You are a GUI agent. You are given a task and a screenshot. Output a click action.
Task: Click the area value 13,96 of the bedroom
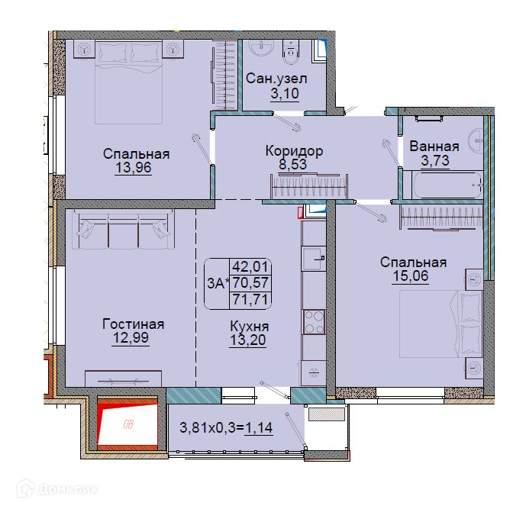pyautogui.click(x=133, y=167)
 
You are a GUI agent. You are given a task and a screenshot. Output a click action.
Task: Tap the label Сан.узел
pyautogui.click(x=276, y=79)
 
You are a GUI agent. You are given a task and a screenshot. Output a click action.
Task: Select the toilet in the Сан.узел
pyautogui.click(x=291, y=51)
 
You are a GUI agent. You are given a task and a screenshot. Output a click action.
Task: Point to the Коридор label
pyautogui.click(x=294, y=151)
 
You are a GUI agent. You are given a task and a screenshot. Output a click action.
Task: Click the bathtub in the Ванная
pyautogui.click(x=447, y=185)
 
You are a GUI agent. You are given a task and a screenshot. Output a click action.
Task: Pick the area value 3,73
pyautogui.click(x=435, y=160)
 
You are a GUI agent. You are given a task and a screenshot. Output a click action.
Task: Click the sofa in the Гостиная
pyautogui.click(x=124, y=230)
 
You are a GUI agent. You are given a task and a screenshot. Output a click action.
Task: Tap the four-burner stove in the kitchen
pyautogui.click(x=314, y=322)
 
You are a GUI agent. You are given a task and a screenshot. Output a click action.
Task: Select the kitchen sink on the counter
pyautogui.click(x=314, y=259)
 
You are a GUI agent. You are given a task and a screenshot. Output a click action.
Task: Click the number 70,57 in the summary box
pyautogui.click(x=250, y=283)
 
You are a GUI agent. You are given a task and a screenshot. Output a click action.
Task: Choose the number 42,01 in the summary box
pyautogui.click(x=250, y=267)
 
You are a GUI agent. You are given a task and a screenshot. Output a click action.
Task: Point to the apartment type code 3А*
pyautogui.click(x=218, y=284)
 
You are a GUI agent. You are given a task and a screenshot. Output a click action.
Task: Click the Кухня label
pyautogui.click(x=249, y=326)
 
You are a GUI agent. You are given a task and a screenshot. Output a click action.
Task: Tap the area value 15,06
pyautogui.click(x=411, y=276)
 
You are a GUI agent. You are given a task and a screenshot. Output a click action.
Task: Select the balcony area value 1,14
pyautogui.click(x=259, y=428)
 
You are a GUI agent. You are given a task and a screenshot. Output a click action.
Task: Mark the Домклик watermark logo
pyautogui.click(x=57, y=489)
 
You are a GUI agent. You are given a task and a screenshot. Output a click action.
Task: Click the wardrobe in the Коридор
pyautogui.click(x=309, y=185)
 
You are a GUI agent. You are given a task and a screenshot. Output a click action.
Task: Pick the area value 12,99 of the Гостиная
pyautogui.click(x=131, y=337)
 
